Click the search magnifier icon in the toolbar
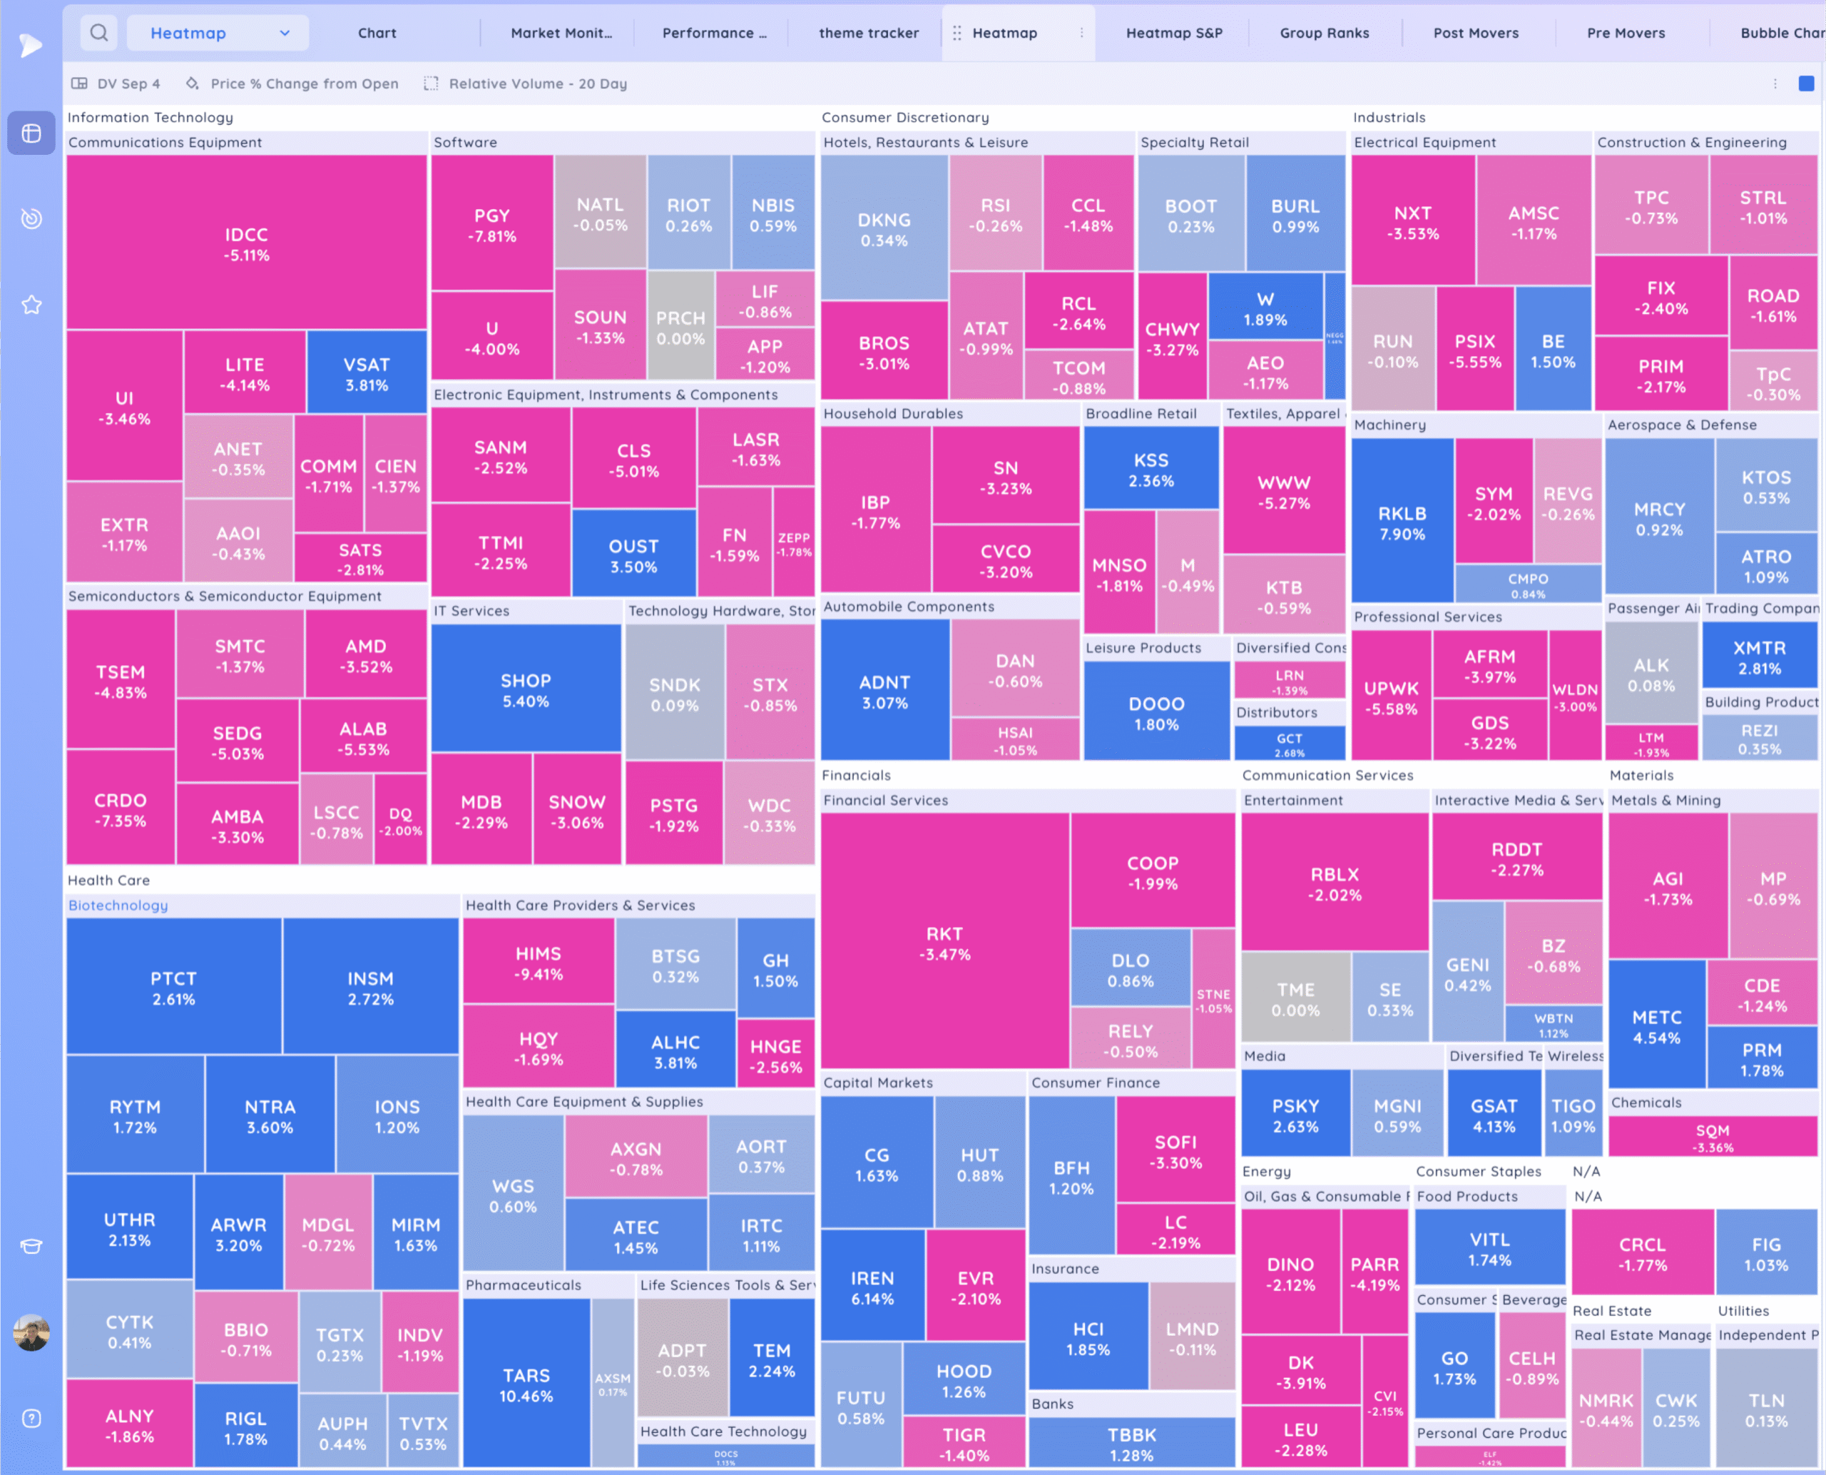(98, 33)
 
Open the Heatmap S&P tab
(1174, 33)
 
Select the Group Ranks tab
(1324, 33)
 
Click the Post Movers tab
(1475, 33)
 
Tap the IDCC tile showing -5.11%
(246, 244)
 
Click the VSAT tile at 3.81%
(366, 374)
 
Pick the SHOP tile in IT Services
(526, 690)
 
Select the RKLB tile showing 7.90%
(1402, 523)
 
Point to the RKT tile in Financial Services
(944, 943)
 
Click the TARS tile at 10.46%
(526, 1385)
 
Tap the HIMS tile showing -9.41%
(538, 963)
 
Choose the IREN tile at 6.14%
(872, 1288)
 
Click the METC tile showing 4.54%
(1656, 1026)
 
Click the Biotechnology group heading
(118, 905)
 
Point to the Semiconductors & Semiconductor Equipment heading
(224, 597)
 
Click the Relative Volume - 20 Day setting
(537, 83)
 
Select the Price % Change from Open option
(303, 83)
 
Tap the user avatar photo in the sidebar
(31, 1332)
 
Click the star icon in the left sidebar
(31, 304)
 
